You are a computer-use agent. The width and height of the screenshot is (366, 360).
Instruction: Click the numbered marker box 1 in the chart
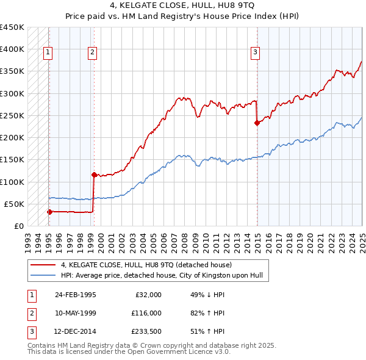pyautogui.click(x=48, y=53)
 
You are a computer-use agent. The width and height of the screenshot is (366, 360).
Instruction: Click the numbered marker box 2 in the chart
pyautogui.click(x=92, y=53)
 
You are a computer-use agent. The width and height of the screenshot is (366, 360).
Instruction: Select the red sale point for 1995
pyautogui.click(x=49, y=212)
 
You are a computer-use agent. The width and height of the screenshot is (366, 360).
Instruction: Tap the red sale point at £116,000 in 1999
pyautogui.click(x=93, y=175)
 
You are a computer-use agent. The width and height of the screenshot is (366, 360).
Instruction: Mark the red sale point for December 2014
pyautogui.click(x=257, y=123)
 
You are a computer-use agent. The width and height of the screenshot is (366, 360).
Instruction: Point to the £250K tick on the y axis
pyautogui.click(x=13, y=115)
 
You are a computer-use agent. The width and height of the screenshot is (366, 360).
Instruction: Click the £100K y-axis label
pyautogui.click(x=13, y=182)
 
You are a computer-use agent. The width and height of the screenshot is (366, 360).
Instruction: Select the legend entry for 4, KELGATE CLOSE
pyautogui.click(x=146, y=265)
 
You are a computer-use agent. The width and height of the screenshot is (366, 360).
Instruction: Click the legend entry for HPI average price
pyautogui.click(x=161, y=276)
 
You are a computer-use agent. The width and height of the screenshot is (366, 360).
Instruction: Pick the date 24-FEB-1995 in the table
pyautogui.click(x=76, y=295)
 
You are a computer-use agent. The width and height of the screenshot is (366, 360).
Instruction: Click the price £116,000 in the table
pyautogui.click(x=146, y=313)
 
